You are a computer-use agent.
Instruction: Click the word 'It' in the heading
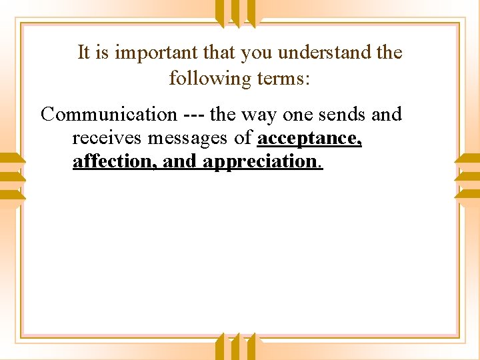[x=84, y=52]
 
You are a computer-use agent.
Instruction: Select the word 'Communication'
[x=109, y=115]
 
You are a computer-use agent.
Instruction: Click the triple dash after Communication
[x=193, y=115]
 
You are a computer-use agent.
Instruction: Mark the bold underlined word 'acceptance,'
[x=309, y=139]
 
